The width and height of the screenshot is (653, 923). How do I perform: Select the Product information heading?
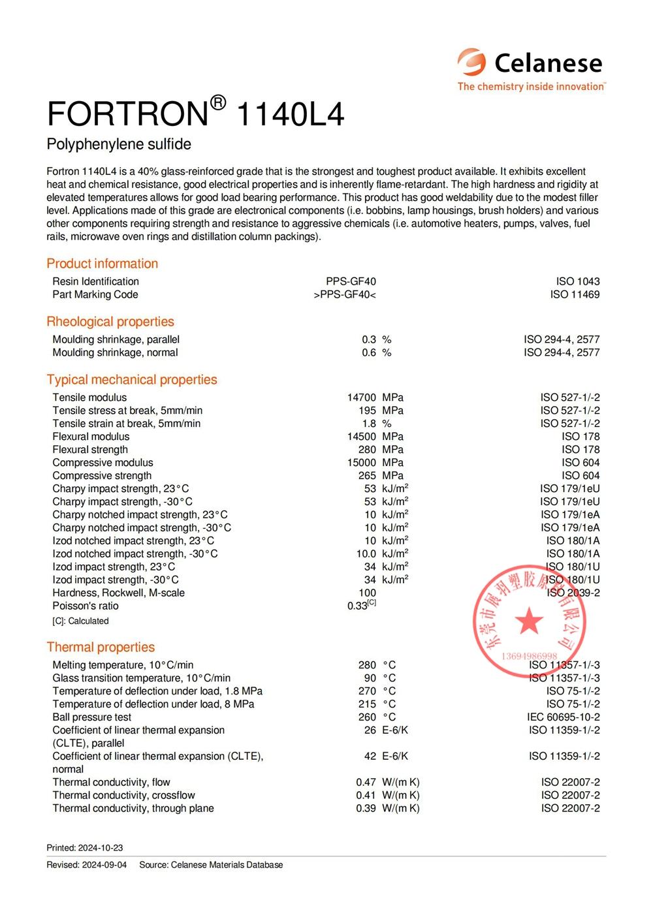[x=102, y=264]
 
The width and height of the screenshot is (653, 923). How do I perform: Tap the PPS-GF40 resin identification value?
[x=351, y=281]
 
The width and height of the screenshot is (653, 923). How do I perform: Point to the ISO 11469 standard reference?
[x=575, y=294]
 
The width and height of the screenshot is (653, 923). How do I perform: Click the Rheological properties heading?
[x=110, y=322]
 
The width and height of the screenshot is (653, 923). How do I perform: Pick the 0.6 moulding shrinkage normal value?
[x=369, y=352]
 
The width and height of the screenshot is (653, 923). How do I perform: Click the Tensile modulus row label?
[x=89, y=398]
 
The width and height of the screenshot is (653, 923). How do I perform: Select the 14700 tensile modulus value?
[x=362, y=398]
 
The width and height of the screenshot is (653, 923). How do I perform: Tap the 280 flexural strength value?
[x=367, y=450]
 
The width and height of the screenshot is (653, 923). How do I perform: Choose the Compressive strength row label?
[x=102, y=476]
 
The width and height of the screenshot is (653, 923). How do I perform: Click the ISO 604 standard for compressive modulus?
[x=581, y=463]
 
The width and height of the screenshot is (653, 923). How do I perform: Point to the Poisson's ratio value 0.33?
[x=358, y=606]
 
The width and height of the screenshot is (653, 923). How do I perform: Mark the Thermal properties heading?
[x=101, y=648]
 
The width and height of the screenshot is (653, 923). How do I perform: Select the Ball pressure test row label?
[x=92, y=717]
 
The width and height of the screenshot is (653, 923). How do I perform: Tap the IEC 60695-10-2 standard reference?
[x=563, y=717]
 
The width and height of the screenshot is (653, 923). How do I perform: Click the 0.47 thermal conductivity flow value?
[x=366, y=783]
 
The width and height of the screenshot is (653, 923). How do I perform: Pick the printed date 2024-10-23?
[x=101, y=848]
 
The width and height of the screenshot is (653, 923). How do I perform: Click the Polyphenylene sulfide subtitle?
[x=119, y=144]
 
